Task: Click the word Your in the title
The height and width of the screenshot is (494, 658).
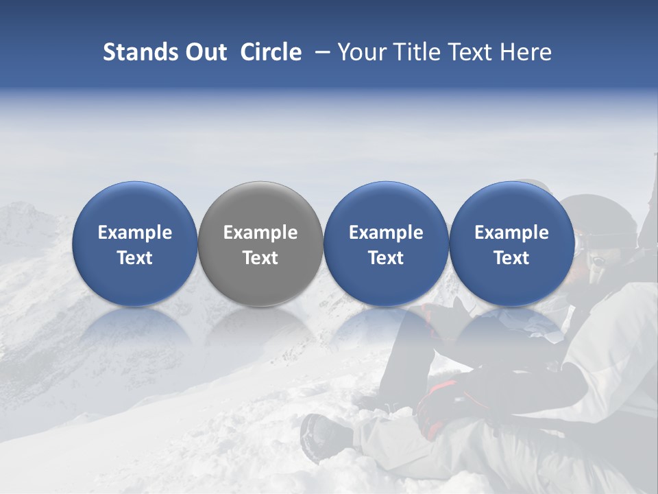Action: click(361, 52)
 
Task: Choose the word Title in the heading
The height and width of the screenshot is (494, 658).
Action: click(415, 52)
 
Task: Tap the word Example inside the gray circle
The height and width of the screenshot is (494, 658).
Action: click(260, 233)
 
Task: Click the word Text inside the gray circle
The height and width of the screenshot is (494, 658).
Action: click(260, 258)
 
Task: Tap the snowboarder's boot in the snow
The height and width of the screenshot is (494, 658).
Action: click(322, 436)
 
